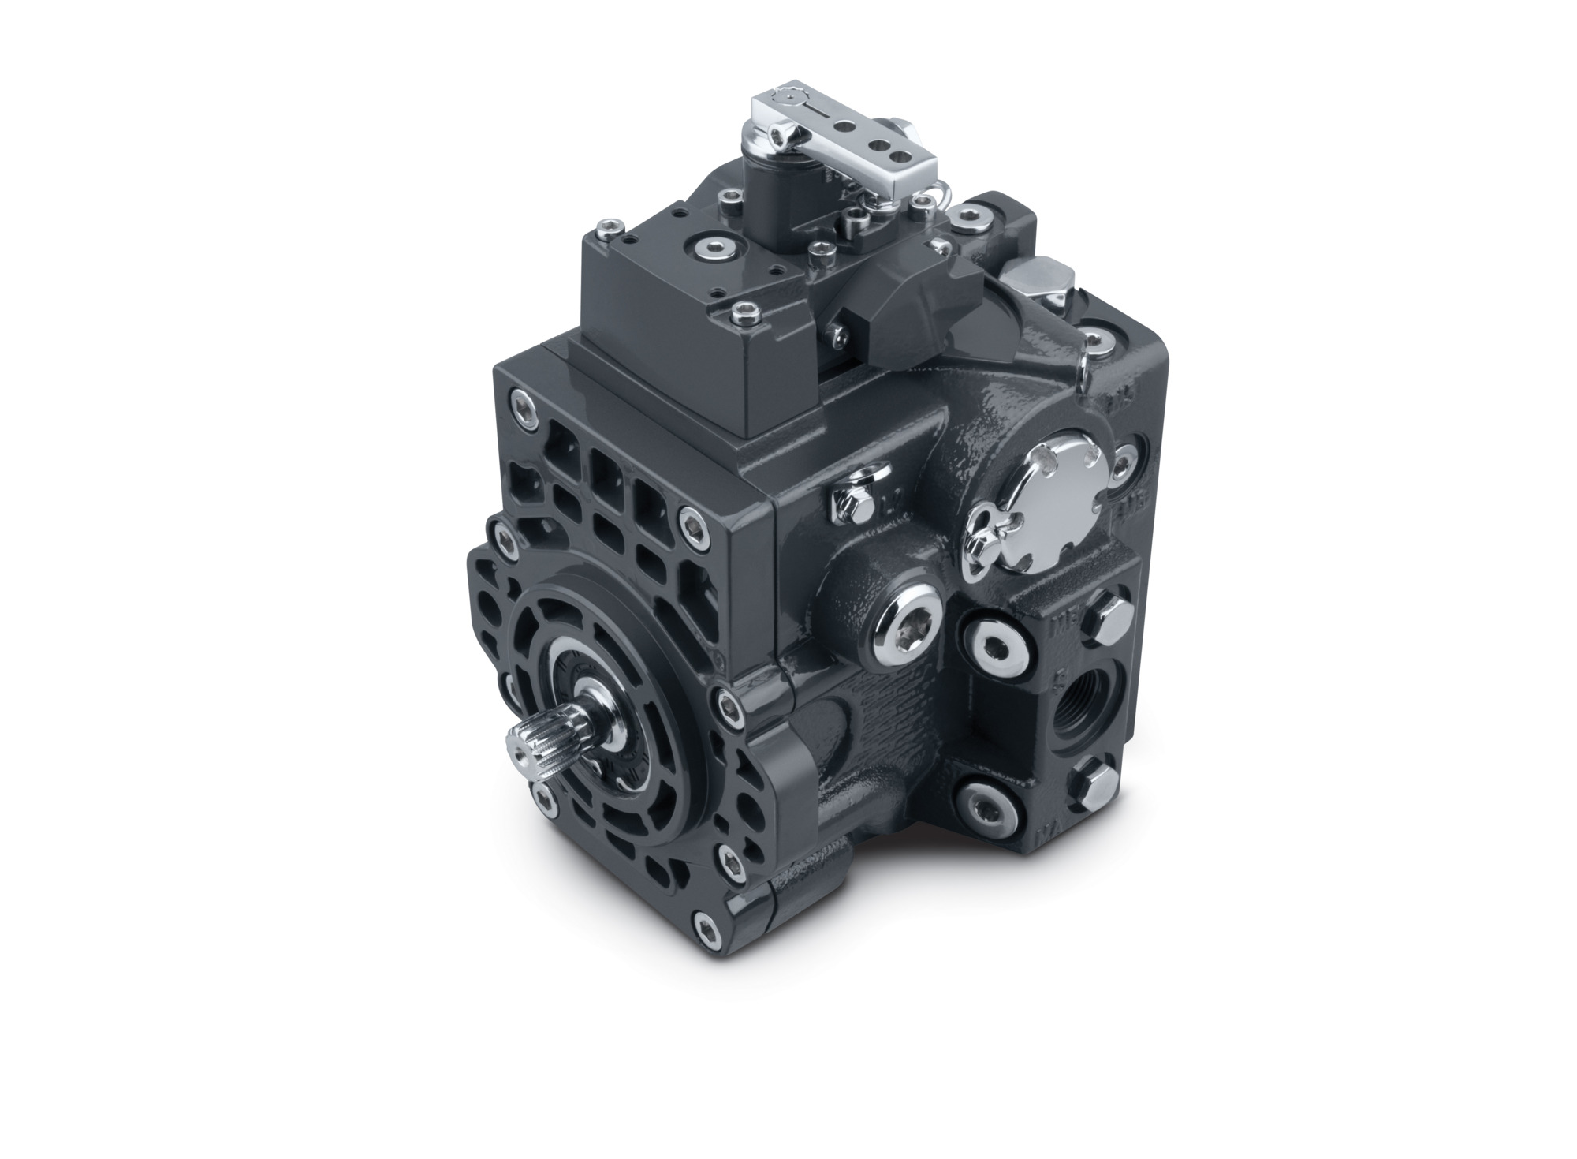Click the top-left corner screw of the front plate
(520, 406)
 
